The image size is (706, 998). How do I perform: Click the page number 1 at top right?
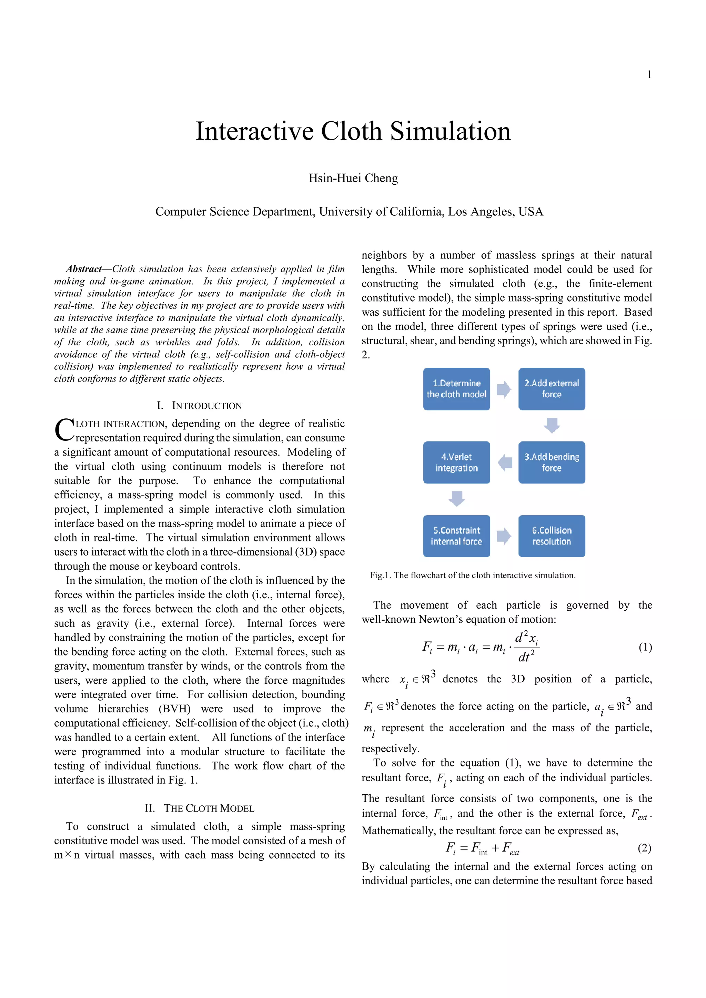point(649,75)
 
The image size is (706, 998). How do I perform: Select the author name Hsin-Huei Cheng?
point(353,178)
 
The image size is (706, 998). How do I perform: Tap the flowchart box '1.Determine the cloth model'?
point(456,389)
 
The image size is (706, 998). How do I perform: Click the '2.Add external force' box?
point(551,389)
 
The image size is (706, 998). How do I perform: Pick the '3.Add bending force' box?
point(551,462)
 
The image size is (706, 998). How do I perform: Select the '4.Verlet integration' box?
point(456,462)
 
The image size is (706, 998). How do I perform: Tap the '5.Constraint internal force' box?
point(456,536)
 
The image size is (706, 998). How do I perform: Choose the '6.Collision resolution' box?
point(551,536)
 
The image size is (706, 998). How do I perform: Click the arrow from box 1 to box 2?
point(504,389)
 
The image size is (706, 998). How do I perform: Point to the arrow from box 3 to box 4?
point(505,462)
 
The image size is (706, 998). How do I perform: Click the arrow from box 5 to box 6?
point(504,536)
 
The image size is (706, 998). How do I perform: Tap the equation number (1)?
point(645,647)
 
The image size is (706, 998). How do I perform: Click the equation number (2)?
point(644,848)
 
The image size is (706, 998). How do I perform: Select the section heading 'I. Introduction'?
point(199,406)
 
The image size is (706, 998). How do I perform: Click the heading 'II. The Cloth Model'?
point(199,808)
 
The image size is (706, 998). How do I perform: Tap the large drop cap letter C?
point(64,429)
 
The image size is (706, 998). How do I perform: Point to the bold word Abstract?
point(83,269)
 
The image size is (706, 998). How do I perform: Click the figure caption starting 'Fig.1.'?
point(473,575)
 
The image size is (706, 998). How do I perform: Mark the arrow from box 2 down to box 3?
point(551,426)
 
